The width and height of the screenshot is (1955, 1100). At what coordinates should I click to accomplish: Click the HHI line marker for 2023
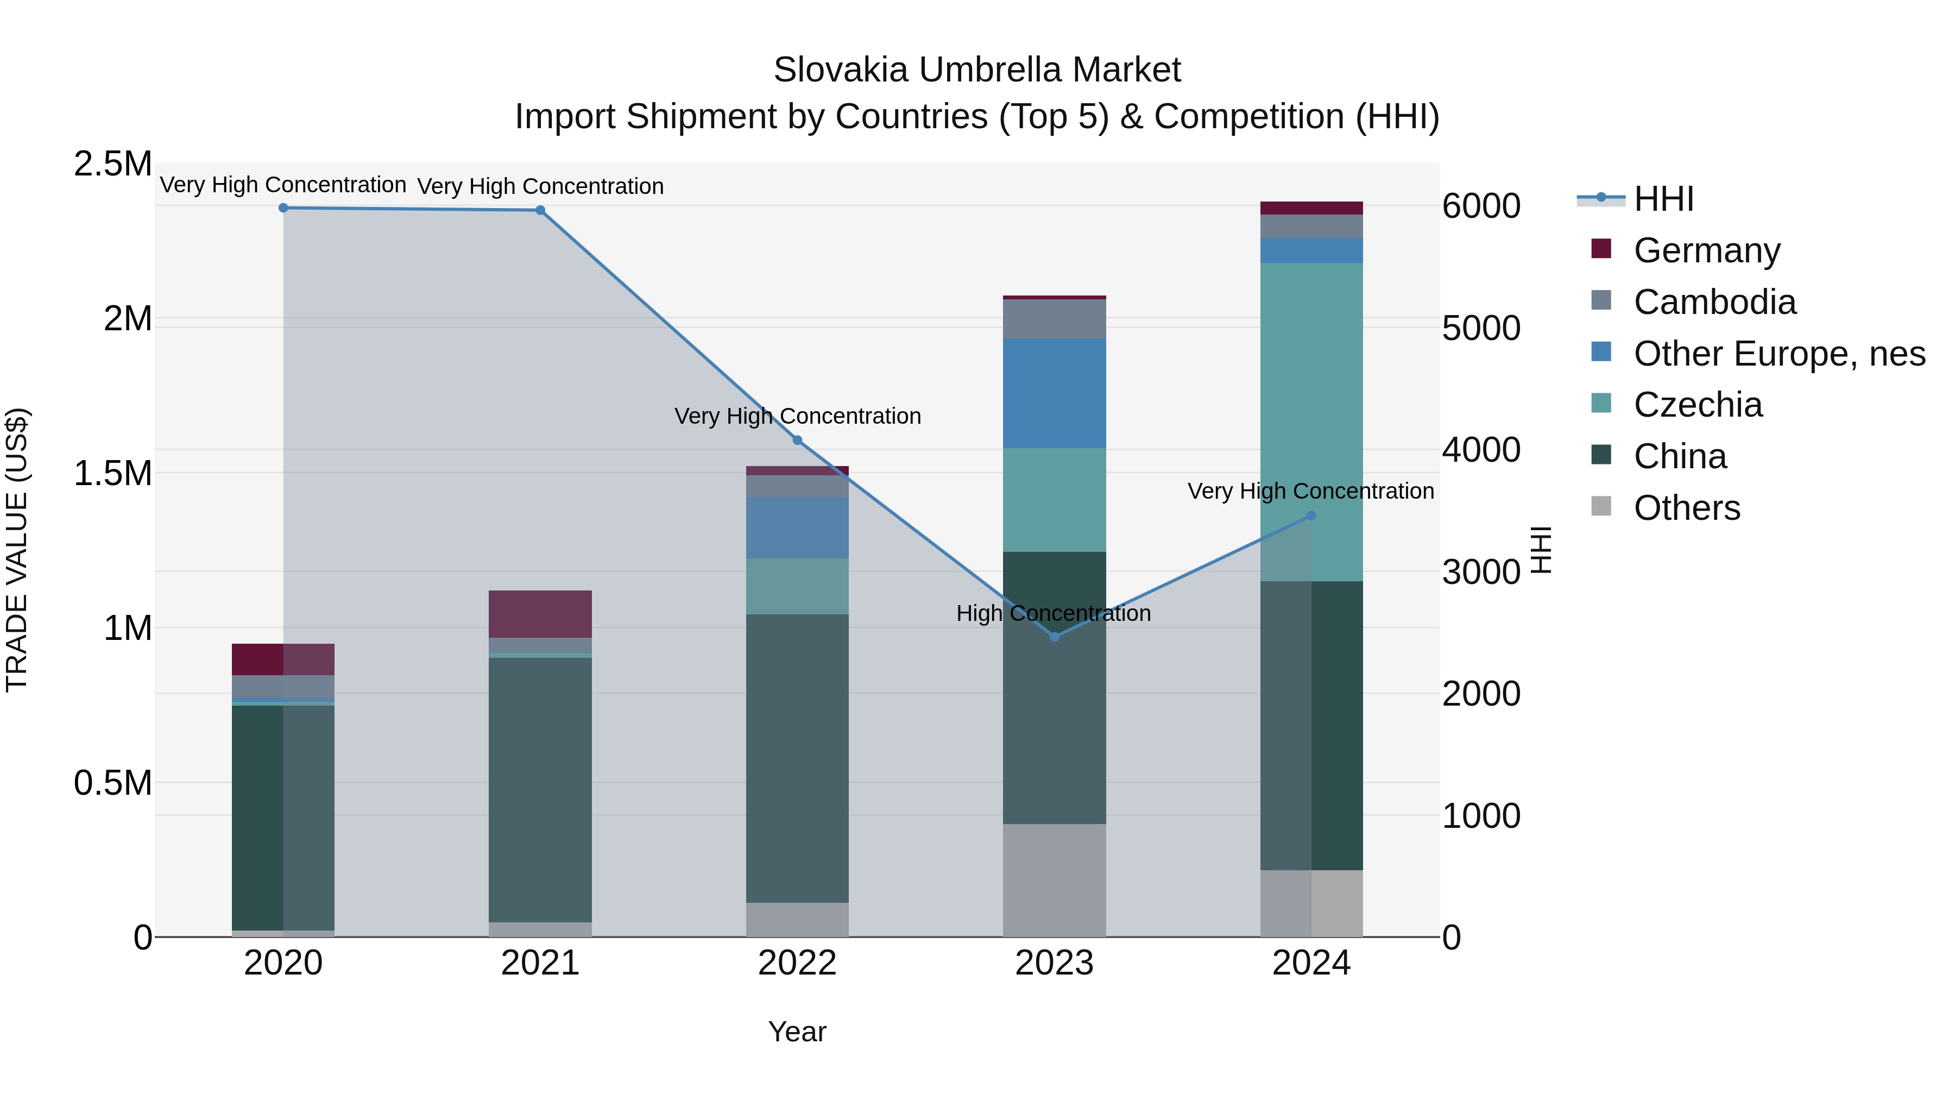pyautogui.click(x=1054, y=636)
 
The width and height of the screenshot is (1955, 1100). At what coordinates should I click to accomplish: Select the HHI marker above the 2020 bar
pyautogui.click(x=283, y=208)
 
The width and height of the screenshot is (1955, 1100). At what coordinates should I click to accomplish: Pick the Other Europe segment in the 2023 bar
pyautogui.click(x=1054, y=393)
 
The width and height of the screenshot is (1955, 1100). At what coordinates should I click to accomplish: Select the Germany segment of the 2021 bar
pyautogui.click(x=540, y=613)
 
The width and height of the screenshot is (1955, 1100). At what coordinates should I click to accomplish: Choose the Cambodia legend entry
pyautogui.click(x=1714, y=301)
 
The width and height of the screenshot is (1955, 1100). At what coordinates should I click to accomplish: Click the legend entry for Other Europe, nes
pyautogui.click(x=1778, y=353)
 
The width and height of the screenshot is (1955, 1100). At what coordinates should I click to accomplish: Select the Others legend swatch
pyautogui.click(x=1600, y=506)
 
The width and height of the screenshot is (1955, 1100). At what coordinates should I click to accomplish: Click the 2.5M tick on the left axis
pyautogui.click(x=112, y=164)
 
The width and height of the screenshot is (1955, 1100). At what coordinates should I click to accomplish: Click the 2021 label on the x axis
pyautogui.click(x=540, y=963)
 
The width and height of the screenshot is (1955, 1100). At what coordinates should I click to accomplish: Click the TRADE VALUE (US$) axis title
pyautogui.click(x=17, y=550)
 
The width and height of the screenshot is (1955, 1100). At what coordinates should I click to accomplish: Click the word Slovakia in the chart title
pyautogui.click(x=840, y=70)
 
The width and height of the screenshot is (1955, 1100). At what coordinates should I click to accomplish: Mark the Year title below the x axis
pyautogui.click(x=797, y=1031)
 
